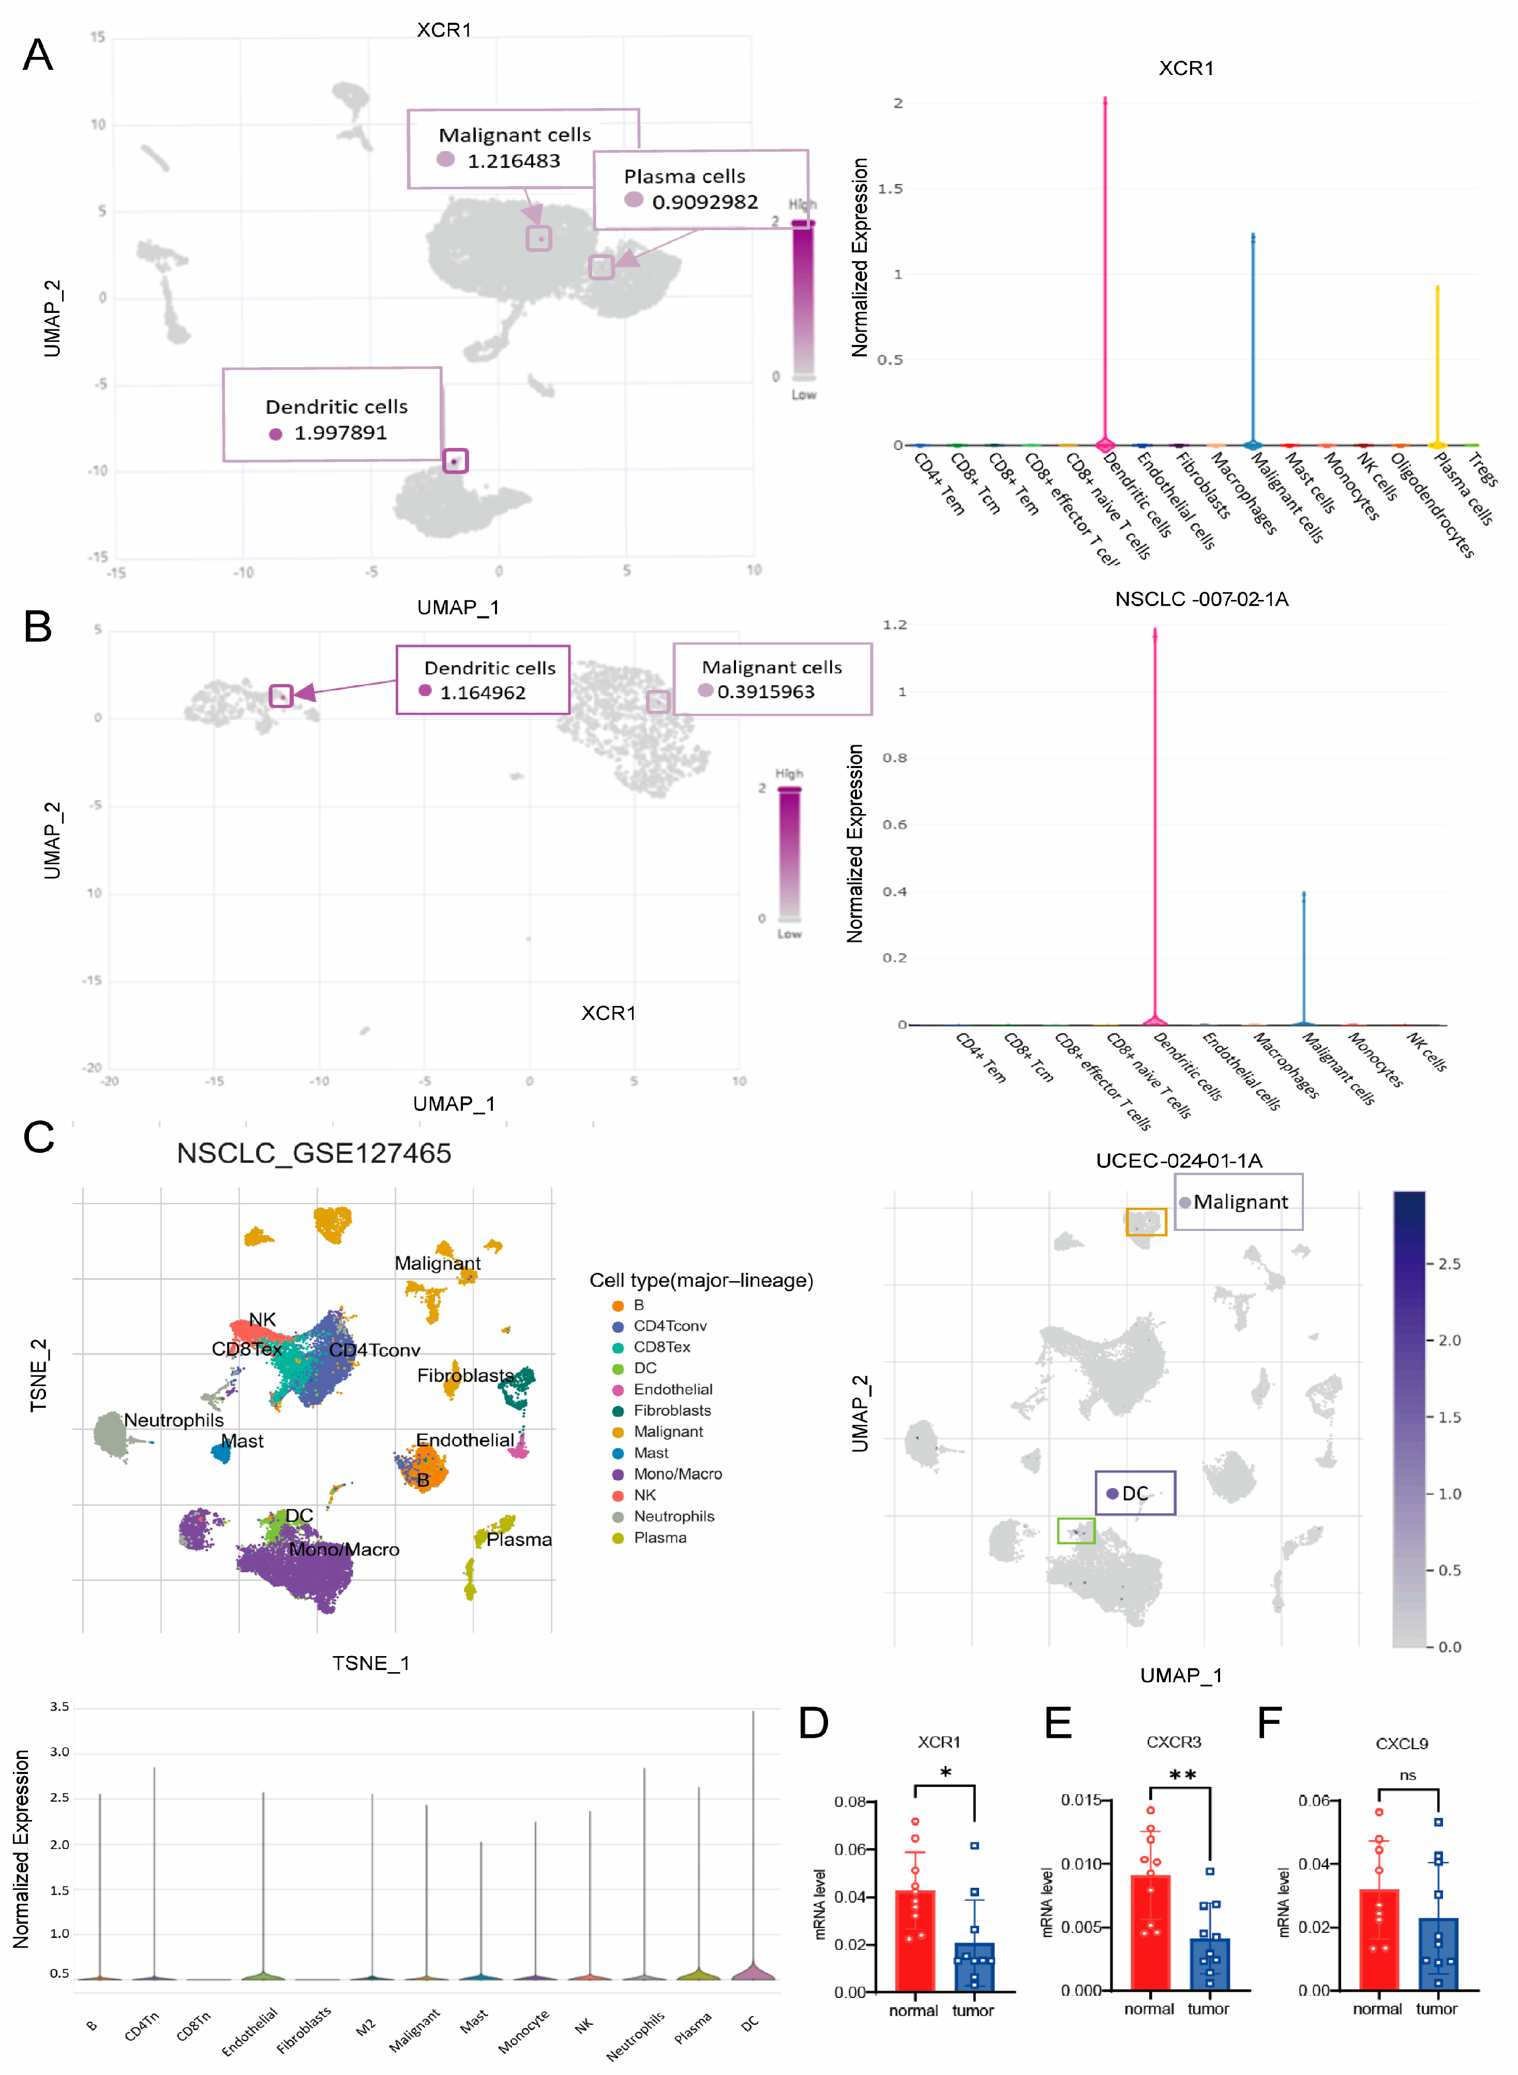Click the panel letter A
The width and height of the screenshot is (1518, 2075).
coord(38,55)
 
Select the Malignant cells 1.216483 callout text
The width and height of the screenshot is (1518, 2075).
coord(515,147)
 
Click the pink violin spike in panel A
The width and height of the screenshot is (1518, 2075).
coord(1105,276)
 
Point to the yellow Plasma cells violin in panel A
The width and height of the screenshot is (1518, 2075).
coord(1437,368)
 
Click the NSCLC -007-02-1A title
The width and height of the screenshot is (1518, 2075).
coord(1201,599)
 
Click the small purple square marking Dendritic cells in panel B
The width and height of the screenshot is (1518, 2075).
coord(281,696)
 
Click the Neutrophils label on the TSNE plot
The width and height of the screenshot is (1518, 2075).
coord(174,1420)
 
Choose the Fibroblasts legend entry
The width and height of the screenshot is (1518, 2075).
coord(672,1410)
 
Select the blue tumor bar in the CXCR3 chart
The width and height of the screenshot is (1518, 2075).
coord(1209,1963)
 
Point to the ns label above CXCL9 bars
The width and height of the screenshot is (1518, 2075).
coord(1408,1776)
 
